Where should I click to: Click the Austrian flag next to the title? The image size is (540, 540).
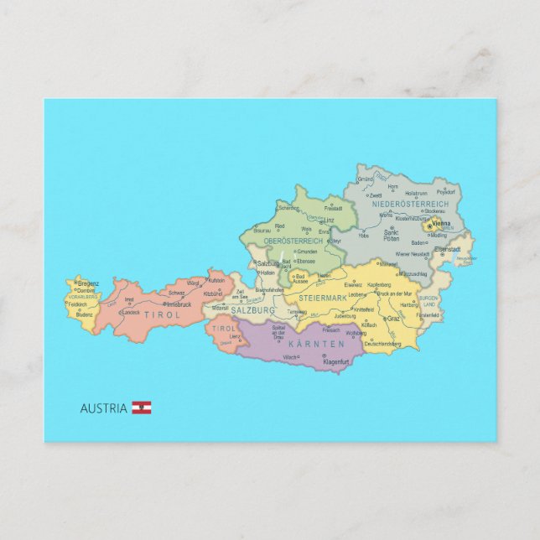click(x=141, y=408)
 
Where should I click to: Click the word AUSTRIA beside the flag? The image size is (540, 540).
click(x=104, y=408)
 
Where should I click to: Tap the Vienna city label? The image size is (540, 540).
click(x=441, y=225)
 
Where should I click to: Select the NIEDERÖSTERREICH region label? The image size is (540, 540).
click(x=410, y=204)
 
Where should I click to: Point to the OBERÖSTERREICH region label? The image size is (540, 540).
click(x=293, y=241)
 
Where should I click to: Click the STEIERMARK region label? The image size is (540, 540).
click(x=322, y=298)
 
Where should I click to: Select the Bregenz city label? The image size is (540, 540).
click(x=89, y=284)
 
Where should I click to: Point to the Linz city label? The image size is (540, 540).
click(x=330, y=221)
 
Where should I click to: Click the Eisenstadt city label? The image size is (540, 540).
click(x=447, y=249)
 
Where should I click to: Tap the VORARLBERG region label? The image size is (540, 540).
click(x=83, y=297)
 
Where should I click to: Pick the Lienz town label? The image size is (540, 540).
click(x=223, y=336)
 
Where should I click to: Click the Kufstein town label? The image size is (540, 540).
click(x=216, y=280)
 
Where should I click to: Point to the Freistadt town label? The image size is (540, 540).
click(x=333, y=208)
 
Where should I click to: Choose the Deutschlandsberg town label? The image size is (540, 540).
click(x=382, y=343)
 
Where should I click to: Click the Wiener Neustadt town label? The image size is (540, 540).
click(x=413, y=253)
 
